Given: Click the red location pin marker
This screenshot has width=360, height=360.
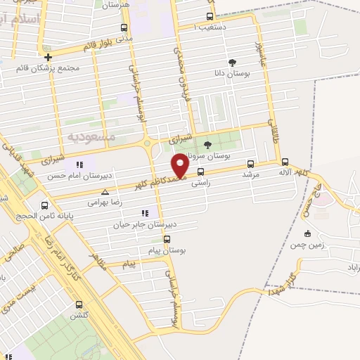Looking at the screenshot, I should [x=180, y=165].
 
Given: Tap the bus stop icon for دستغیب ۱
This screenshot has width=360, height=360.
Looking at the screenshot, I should [x=210, y=16].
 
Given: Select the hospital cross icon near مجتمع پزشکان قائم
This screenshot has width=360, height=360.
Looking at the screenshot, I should [x=47, y=57].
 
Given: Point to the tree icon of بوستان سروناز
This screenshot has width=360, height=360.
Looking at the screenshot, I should [x=207, y=145].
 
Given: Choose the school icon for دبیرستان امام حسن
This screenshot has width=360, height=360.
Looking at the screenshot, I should [x=79, y=165].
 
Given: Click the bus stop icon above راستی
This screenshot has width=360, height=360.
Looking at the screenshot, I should [x=201, y=172].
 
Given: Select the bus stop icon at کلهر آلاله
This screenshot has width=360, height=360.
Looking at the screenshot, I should [x=284, y=162].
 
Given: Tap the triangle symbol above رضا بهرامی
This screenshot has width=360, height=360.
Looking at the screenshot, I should [x=105, y=191].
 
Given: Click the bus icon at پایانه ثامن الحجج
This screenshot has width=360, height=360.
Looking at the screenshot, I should [x=45, y=206].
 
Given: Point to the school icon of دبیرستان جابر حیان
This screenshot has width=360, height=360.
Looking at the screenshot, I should [x=145, y=212].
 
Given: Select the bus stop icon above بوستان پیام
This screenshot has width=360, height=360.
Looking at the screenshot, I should [x=166, y=239].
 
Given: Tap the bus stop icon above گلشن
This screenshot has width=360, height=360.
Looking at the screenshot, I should [x=78, y=304].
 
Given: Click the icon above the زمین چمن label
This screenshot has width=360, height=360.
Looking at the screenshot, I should [x=307, y=233].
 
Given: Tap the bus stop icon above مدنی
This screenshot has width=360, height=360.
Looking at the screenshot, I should [x=124, y=27].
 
